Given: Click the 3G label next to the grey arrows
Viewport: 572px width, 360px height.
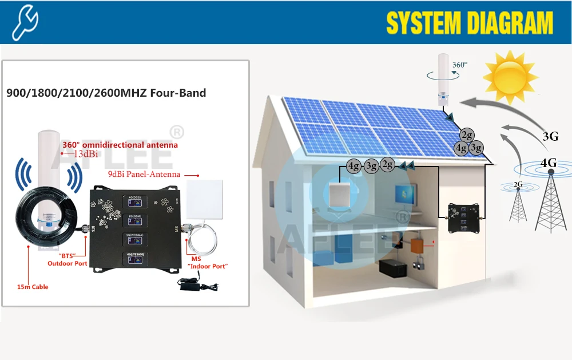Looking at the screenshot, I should pos(550,136).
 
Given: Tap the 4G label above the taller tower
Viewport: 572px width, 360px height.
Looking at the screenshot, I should pos(548,163).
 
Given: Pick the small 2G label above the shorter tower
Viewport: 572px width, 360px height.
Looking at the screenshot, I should pos(518,184).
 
